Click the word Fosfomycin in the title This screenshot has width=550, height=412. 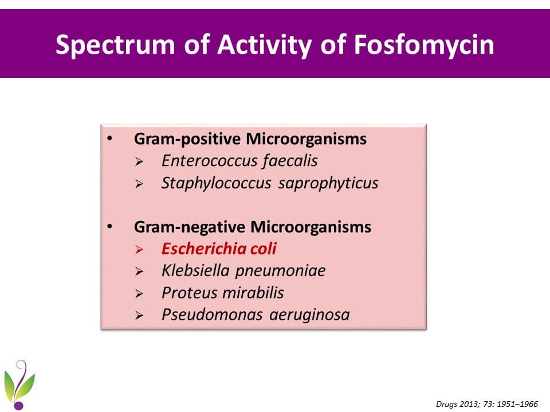pyautogui.click(x=424, y=45)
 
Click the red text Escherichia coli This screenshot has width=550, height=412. pyautogui.click(x=219, y=249)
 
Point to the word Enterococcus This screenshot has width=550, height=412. pyautogui.click(x=210, y=161)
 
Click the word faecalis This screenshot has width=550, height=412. pyautogui.click(x=290, y=161)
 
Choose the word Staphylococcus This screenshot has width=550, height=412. pyautogui.click(x=216, y=183)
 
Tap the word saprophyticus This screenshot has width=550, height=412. pyautogui.click(x=328, y=184)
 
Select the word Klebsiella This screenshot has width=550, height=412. pyautogui.click(x=195, y=271)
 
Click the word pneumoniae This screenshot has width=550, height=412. pyautogui.click(x=280, y=271)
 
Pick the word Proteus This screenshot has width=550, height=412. pyautogui.click(x=188, y=293)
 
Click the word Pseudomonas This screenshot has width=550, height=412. pyautogui.click(x=212, y=315)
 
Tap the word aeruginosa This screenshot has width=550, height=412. pyautogui.click(x=309, y=315)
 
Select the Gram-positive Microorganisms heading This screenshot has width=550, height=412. pyautogui.click(x=250, y=139)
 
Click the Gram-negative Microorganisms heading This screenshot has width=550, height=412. pyautogui.click(x=253, y=227)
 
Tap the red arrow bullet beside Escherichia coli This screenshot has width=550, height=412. pyautogui.click(x=139, y=250)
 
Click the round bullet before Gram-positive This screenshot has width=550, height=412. pyautogui.click(x=110, y=138)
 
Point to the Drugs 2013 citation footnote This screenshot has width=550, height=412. pyautogui.click(x=487, y=404)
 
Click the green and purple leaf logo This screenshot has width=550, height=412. pyautogui.click(x=19, y=385)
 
